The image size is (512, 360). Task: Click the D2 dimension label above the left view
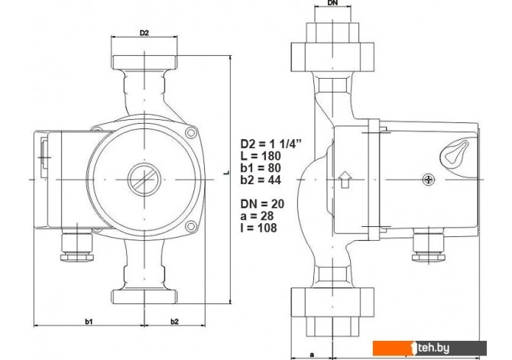[144, 33]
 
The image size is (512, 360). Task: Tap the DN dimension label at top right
[332, 3]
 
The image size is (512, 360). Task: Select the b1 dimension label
[89, 322]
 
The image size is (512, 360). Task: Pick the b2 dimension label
[175, 322]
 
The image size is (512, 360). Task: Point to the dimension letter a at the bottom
[312, 355]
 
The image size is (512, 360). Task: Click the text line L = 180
[261, 155]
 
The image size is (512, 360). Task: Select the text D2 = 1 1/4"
[271, 144]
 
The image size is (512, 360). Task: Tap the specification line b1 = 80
[261, 168]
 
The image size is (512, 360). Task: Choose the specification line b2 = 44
[261, 180]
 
